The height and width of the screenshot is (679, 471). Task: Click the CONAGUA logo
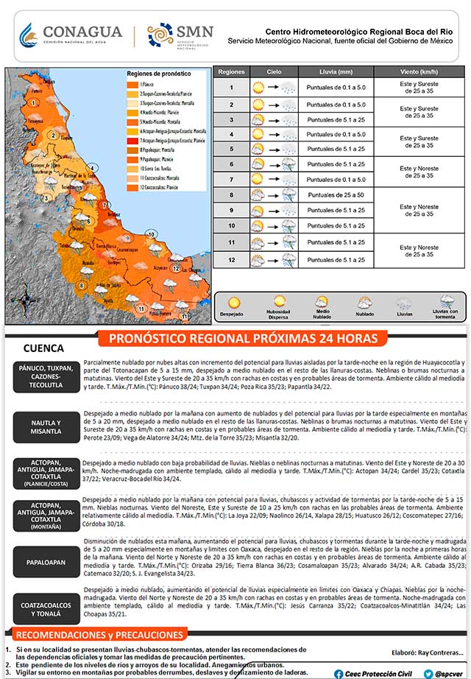(x=70, y=35)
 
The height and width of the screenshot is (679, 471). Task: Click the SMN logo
(x=181, y=35)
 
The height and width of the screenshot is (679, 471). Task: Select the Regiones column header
(x=231, y=71)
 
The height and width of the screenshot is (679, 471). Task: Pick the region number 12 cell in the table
(x=231, y=259)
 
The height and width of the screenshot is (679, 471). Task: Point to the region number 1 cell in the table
(x=231, y=88)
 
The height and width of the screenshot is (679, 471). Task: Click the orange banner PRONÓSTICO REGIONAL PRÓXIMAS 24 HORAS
(x=247, y=338)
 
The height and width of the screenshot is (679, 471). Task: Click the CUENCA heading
(x=44, y=348)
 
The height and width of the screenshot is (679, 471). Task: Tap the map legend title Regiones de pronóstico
(x=158, y=74)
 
